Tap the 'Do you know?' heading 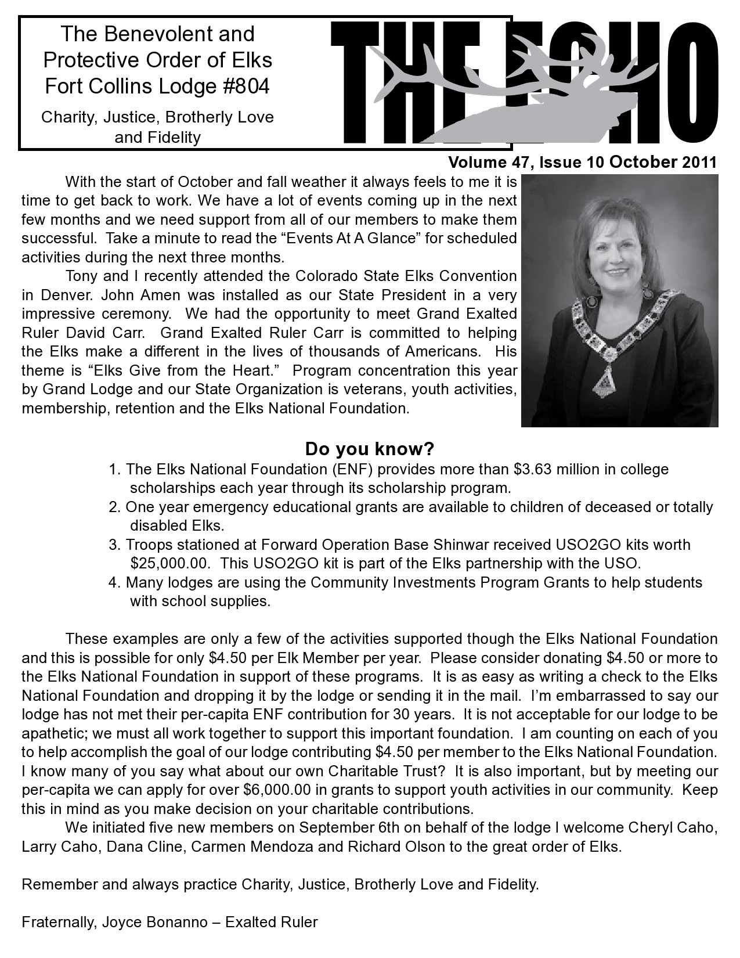tap(370, 449)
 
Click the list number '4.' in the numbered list tap(115, 582)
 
